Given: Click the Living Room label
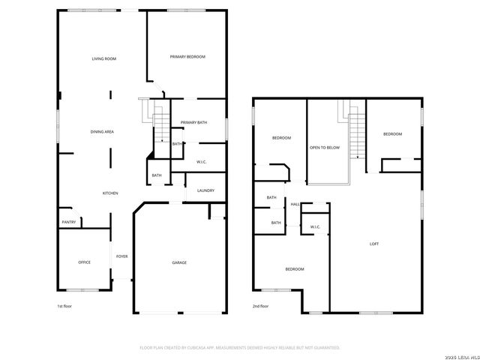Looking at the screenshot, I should pyautogui.click(x=103, y=58).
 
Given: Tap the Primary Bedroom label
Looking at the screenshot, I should pyautogui.click(x=187, y=57).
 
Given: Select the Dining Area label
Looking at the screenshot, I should pyautogui.click(x=102, y=131).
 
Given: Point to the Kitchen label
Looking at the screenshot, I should pyautogui.click(x=110, y=193).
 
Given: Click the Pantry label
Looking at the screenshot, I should pyautogui.click(x=68, y=222).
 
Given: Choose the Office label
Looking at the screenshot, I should pyautogui.click(x=84, y=262).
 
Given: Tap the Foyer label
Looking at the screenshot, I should pyautogui.click(x=121, y=256).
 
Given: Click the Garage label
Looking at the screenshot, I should pyautogui.click(x=179, y=262).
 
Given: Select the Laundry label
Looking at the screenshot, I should pyautogui.click(x=205, y=190).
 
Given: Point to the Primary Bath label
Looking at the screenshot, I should pyautogui.click(x=193, y=122).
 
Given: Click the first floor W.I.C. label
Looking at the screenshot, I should pyautogui.click(x=202, y=162).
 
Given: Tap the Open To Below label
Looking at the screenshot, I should pyautogui.click(x=325, y=147).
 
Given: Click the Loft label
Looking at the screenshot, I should pyautogui.click(x=374, y=244).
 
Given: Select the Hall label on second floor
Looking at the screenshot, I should pyautogui.click(x=295, y=205).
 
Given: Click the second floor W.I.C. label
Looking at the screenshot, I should pyautogui.click(x=315, y=226).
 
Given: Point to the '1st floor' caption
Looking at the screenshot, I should pyautogui.click(x=65, y=306).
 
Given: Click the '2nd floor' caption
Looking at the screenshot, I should pyautogui.click(x=261, y=306).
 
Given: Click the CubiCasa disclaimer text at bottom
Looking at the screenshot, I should pyautogui.click(x=240, y=347).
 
